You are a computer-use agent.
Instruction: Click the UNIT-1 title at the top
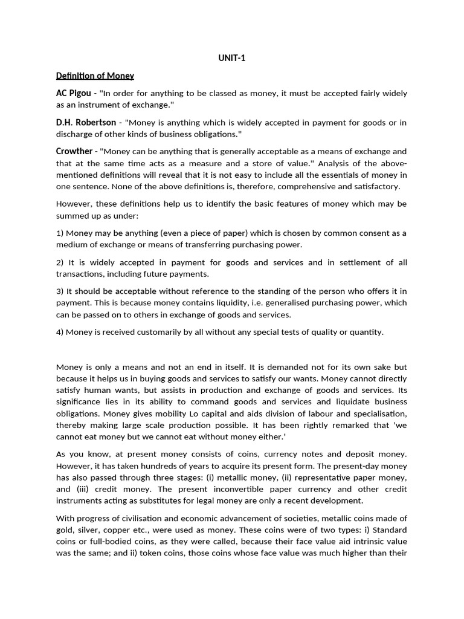pyautogui.click(x=231, y=58)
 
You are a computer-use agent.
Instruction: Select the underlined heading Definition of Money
pyautogui.click(x=95, y=76)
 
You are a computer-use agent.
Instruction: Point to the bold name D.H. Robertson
pyautogui.click(x=86, y=122)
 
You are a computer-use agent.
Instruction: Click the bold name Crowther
pyautogui.click(x=74, y=151)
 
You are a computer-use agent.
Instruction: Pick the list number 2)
pyautogui.click(x=60, y=262)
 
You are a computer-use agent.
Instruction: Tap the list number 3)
pyautogui.click(x=60, y=291)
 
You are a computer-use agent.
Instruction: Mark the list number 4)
pyautogui.click(x=60, y=331)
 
